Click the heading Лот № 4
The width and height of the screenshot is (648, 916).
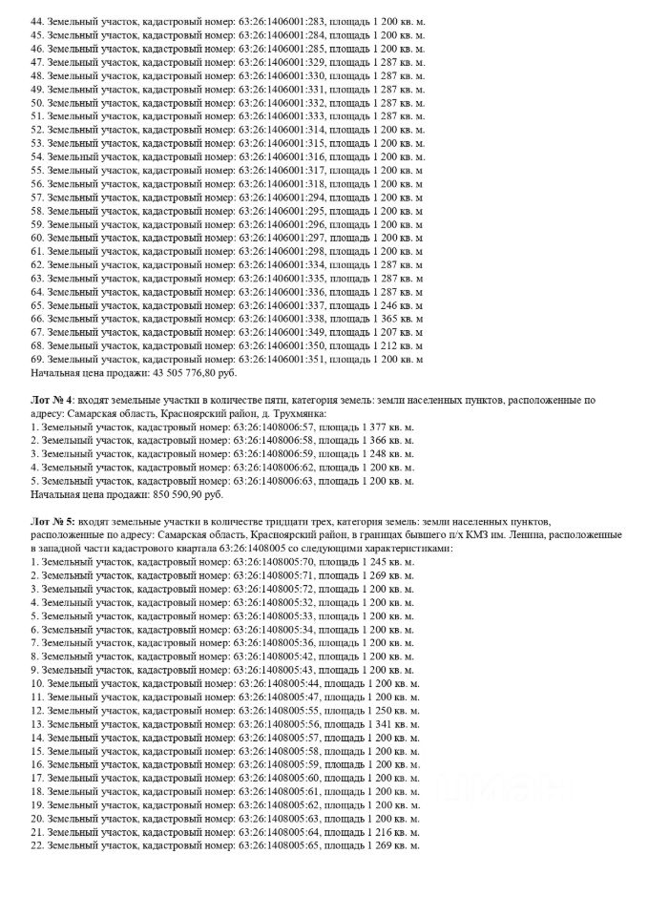[x=52, y=402]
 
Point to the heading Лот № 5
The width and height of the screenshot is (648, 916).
[x=52, y=524]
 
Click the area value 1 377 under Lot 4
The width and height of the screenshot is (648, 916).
[x=378, y=428]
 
